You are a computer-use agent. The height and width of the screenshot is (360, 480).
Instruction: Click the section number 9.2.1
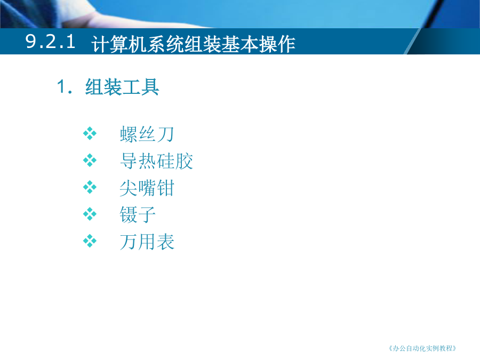coord(50,41)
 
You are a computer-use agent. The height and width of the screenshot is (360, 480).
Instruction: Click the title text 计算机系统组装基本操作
coord(194,44)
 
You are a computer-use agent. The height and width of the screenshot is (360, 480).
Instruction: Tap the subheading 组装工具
coord(122,87)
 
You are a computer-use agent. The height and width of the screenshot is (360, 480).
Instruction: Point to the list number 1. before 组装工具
coord(65,86)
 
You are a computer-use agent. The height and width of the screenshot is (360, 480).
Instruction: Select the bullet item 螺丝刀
coord(147,134)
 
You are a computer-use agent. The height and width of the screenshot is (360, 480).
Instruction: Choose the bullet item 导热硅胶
coord(156,161)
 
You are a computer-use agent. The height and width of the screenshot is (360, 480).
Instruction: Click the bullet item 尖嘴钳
coord(147,188)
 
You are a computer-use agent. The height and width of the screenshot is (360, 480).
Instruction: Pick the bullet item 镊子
coord(138,214)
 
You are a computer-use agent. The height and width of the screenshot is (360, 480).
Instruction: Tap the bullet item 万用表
coord(147,242)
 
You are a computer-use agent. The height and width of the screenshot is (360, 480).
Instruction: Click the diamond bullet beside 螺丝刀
coord(90,133)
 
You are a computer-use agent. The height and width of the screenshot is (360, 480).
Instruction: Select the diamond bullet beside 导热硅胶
coord(90,160)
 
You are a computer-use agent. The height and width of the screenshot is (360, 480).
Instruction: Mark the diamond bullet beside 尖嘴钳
coord(90,187)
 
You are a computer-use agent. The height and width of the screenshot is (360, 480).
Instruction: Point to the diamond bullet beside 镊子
coord(90,214)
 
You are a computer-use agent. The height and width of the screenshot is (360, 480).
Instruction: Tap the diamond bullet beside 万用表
coord(90,241)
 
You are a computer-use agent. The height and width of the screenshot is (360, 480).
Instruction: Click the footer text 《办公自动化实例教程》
coord(422,348)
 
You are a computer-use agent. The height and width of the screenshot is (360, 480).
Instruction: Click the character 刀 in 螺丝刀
coord(166,134)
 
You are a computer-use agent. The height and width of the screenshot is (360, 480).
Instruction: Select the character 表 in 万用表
coord(166,242)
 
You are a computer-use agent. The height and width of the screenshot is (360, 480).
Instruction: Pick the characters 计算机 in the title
coord(119,44)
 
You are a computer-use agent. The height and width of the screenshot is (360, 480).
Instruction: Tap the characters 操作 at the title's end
coord(277,44)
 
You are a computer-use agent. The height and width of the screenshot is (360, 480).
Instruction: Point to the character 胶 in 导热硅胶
coord(184,161)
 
